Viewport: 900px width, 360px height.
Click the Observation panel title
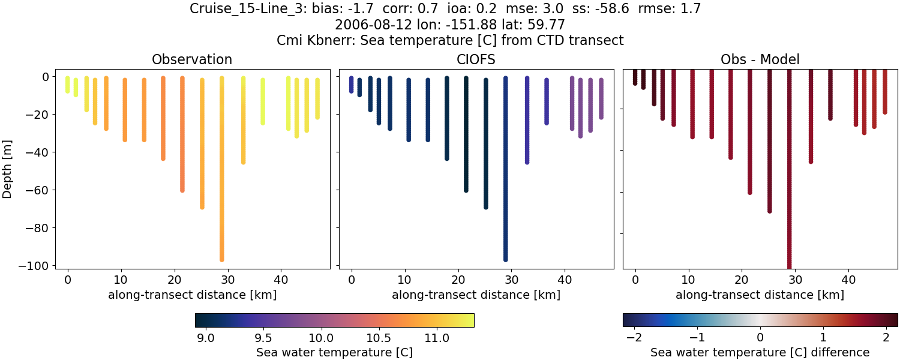(192, 59)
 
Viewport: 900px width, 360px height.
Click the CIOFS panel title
(476, 59)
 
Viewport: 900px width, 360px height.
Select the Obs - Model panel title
(760, 59)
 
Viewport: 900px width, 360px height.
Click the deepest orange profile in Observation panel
(221, 180)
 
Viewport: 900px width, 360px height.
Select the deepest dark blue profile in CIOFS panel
(505, 180)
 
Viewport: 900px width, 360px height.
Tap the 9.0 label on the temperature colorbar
(206, 338)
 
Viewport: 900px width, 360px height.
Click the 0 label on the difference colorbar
(760, 338)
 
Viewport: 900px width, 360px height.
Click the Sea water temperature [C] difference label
(760, 352)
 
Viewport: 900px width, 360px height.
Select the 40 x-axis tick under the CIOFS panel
(565, 279)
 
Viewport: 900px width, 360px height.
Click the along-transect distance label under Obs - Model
(760, 295)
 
